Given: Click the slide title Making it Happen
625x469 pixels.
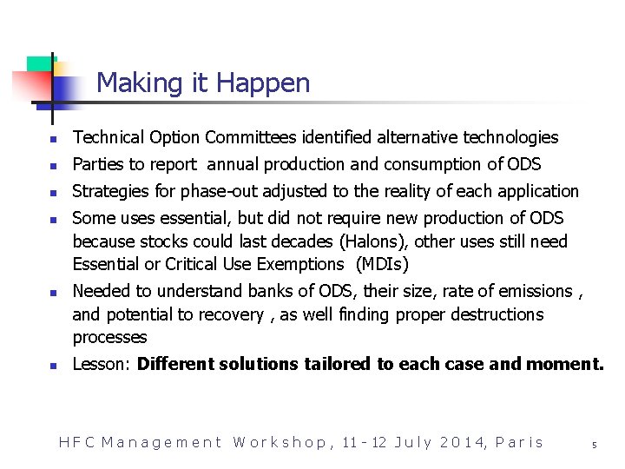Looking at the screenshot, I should coord(203,83).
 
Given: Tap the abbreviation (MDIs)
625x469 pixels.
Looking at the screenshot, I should coord(382,264).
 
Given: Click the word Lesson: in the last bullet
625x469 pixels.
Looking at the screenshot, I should coord(101,364).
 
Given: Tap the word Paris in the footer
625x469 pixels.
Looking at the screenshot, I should coord(519,442).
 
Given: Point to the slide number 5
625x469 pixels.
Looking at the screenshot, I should coord(595,445).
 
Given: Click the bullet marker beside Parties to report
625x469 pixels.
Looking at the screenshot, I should coord(53,165).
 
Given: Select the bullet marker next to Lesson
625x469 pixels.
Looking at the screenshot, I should coord(53,366).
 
